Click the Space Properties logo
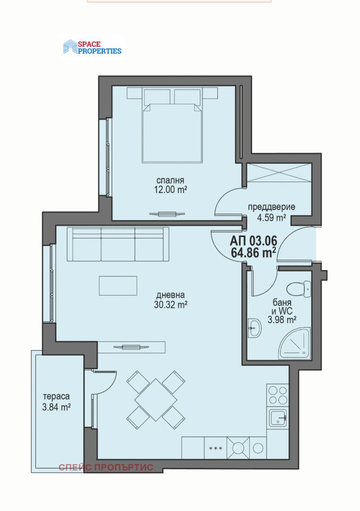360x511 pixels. [92, 47]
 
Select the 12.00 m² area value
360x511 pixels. [171, 190]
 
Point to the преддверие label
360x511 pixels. [272, 207]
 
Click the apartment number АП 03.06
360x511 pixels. [253, 241]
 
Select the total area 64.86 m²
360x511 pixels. [253, 252]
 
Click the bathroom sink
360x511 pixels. [254, 328]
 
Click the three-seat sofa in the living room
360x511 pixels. [118, 244]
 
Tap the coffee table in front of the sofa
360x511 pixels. [118, 286]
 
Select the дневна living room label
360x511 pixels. [171, 295]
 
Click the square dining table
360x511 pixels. [156, 399]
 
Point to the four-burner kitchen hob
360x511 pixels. [277, 395]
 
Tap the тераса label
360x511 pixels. [56, 397]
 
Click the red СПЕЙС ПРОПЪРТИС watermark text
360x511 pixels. [106, 467]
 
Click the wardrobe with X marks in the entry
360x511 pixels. [279, 173]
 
